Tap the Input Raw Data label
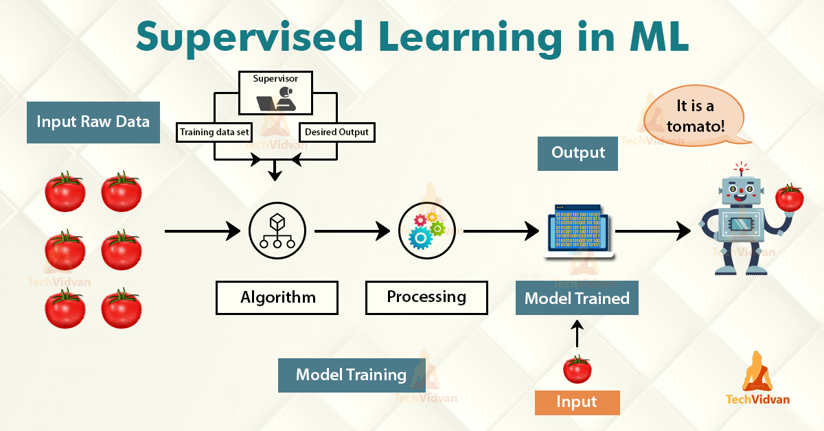click(93, 122)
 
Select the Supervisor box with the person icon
click(275, 93)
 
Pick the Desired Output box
click(336, 132)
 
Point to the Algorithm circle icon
click(275, 231)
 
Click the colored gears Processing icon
click(426, 231)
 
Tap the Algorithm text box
click(277, 298)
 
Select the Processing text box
click(426, 297)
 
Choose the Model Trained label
click(577, 299)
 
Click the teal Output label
click(578, 152)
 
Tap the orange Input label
click(577, 402)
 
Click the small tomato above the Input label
click(577, 369)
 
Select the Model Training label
click(351, 375)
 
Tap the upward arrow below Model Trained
click(577, 334)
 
